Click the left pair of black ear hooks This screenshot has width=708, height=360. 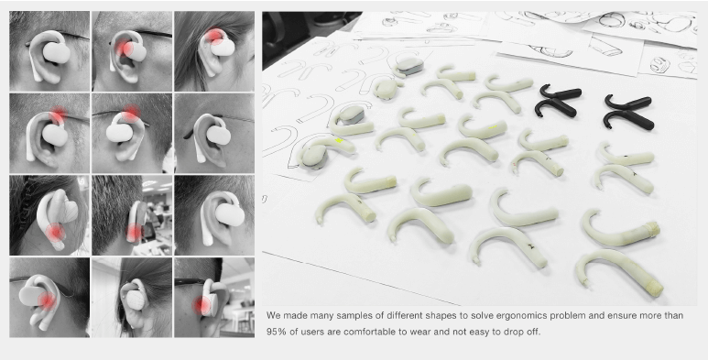[558, 101]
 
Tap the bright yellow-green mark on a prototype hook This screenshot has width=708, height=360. [339, 140]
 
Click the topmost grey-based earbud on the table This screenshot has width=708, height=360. [409, 67]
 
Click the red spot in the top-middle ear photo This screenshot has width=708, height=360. [124, 48]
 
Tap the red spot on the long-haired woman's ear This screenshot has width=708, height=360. [215, 37]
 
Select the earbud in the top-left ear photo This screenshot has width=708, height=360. [56, 52]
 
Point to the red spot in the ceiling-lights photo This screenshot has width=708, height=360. [134, 232]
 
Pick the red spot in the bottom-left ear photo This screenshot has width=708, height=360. [47, 300]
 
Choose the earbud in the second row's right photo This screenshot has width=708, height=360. [219, 135]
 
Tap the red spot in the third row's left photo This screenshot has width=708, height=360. [56, 232]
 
